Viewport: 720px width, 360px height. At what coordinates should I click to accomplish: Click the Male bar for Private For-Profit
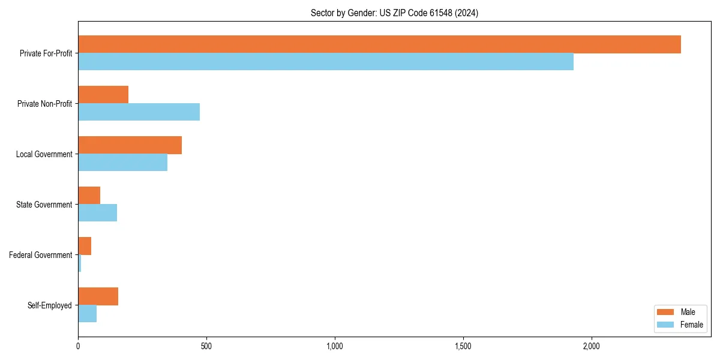[379, 44]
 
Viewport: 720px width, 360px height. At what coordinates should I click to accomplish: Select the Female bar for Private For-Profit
[326, 62]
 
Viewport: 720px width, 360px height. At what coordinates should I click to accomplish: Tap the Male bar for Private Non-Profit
[103, 95]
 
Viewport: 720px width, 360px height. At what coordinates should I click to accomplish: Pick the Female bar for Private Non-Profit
[139, 112]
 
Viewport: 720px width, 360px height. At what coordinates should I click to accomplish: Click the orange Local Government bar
[130, 145]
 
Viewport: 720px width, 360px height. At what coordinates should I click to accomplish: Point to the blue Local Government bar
[122, 163]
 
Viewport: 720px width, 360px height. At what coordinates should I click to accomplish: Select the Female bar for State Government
[97, 213]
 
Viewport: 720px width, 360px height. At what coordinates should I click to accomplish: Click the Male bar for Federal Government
[85, 246]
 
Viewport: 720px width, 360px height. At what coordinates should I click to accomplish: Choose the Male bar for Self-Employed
[98, 296]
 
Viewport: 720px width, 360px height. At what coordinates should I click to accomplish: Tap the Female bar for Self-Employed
[87, 314]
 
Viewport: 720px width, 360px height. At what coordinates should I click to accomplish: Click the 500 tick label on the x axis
[206, 346]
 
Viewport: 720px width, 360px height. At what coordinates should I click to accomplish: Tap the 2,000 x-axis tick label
[591, 346]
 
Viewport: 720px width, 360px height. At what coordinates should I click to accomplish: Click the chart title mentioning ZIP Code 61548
[394, 13]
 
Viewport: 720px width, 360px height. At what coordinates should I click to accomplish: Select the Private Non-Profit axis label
[44, 104]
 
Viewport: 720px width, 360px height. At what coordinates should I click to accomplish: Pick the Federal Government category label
[41, 255]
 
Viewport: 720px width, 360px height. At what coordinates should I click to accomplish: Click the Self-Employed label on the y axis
[50, 305]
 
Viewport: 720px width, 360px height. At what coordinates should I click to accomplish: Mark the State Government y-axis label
[44, 205]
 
